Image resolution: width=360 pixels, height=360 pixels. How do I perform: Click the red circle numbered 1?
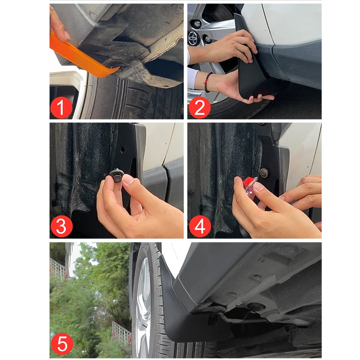(61, 108)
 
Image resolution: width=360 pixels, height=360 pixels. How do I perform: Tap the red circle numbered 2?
(199, 108)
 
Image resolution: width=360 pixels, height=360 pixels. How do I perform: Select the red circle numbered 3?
(61, 226)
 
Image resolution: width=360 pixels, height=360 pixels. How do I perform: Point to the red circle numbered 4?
(200, 226)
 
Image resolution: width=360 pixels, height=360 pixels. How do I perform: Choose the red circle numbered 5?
(62, 344)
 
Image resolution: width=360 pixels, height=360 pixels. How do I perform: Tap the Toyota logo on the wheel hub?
(193, 38)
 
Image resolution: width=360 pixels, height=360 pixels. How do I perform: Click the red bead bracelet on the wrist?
(207, 82)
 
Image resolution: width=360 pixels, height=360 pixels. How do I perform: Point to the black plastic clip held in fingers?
(117, 176)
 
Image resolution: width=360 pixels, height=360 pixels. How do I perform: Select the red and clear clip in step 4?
(250, 184)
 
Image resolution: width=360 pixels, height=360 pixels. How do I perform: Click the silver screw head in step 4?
(264, 173)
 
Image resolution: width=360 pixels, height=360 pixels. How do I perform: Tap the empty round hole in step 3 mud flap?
(122, 150)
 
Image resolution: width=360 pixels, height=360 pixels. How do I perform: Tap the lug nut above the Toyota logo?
(197, 23)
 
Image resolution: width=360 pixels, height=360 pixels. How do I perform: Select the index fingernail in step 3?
(129, 179)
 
